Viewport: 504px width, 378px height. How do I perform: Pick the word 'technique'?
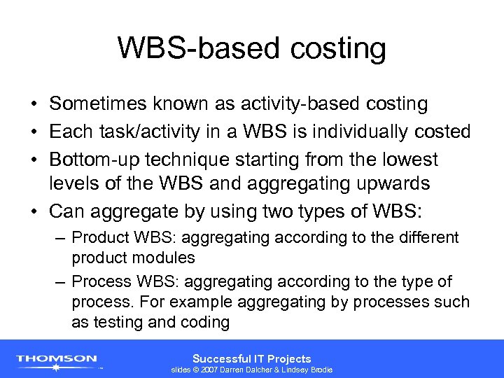tap(183, 160)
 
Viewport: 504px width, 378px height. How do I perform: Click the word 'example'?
tap(197, 302)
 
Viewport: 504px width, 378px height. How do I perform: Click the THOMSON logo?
tap(57, 359)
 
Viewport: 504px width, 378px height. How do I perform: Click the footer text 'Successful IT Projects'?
tap(251, 358)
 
